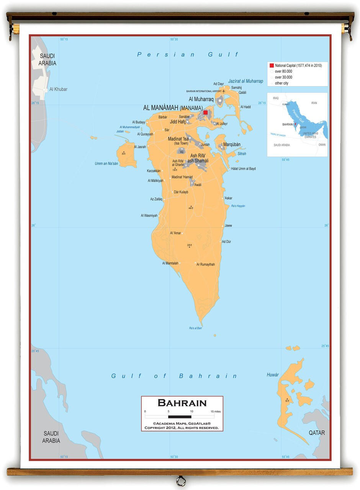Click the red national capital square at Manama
pyautogui.click(x=206, y=113)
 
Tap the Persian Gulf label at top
pyautogui.click(x=188, y=55)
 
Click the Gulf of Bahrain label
pyautogui.click(x=174, y=376)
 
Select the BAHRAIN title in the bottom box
pyautogui.click(x=182, y=403)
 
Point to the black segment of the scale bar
pyautogui.click(x=180, y=416)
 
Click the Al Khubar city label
pyautogui.click(x=58, y=89)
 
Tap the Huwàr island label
pyautogui.click(x=273, y=375)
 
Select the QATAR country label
pyautogui.click(x=317, y=433)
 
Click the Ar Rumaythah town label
pyautogui.click(x=206, y=265)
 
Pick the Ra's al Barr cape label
pyautogui.click(x=195, y=328)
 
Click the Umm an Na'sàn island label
pyautogui.click(x=106, y=163)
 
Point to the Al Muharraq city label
pyautogui.click(x=201, y=99)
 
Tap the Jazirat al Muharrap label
pyautogui.click(x=245, y=81)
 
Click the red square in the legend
pyautogui.click(x=272, y=65)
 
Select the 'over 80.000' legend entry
pyautogui.click(x=283, y=71)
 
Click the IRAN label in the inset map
pyautogui.click(x=314, y=103)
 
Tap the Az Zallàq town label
pyautogui.click(x=156, y=199)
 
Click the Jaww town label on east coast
pyautogui.click(x=228, y=225)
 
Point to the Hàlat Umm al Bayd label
pyautogui.click(x=243, y=169)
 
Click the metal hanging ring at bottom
pyautogui.click(x=180, y=480)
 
